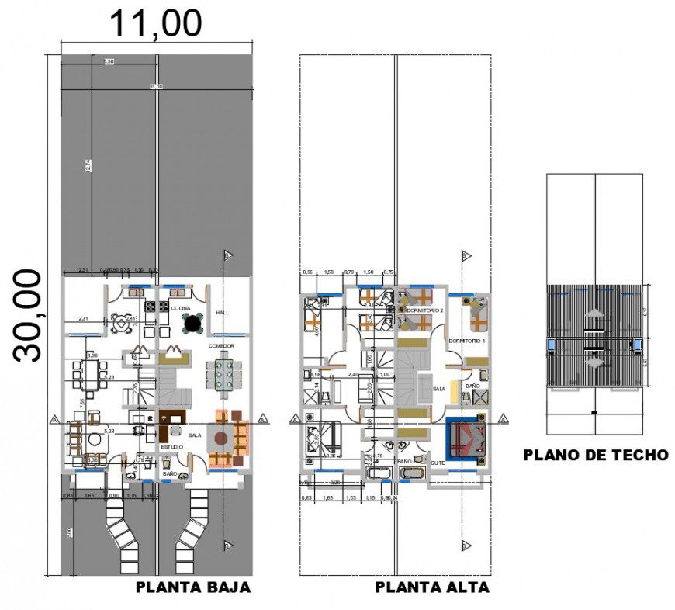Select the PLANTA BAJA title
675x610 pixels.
(193, 587)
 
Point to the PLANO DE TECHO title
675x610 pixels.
(596, 455)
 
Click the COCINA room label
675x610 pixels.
(181, 308)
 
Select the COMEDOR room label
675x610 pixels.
(221, 345)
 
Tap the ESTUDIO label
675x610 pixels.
(171, 447)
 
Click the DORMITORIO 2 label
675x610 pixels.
(425, 310)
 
